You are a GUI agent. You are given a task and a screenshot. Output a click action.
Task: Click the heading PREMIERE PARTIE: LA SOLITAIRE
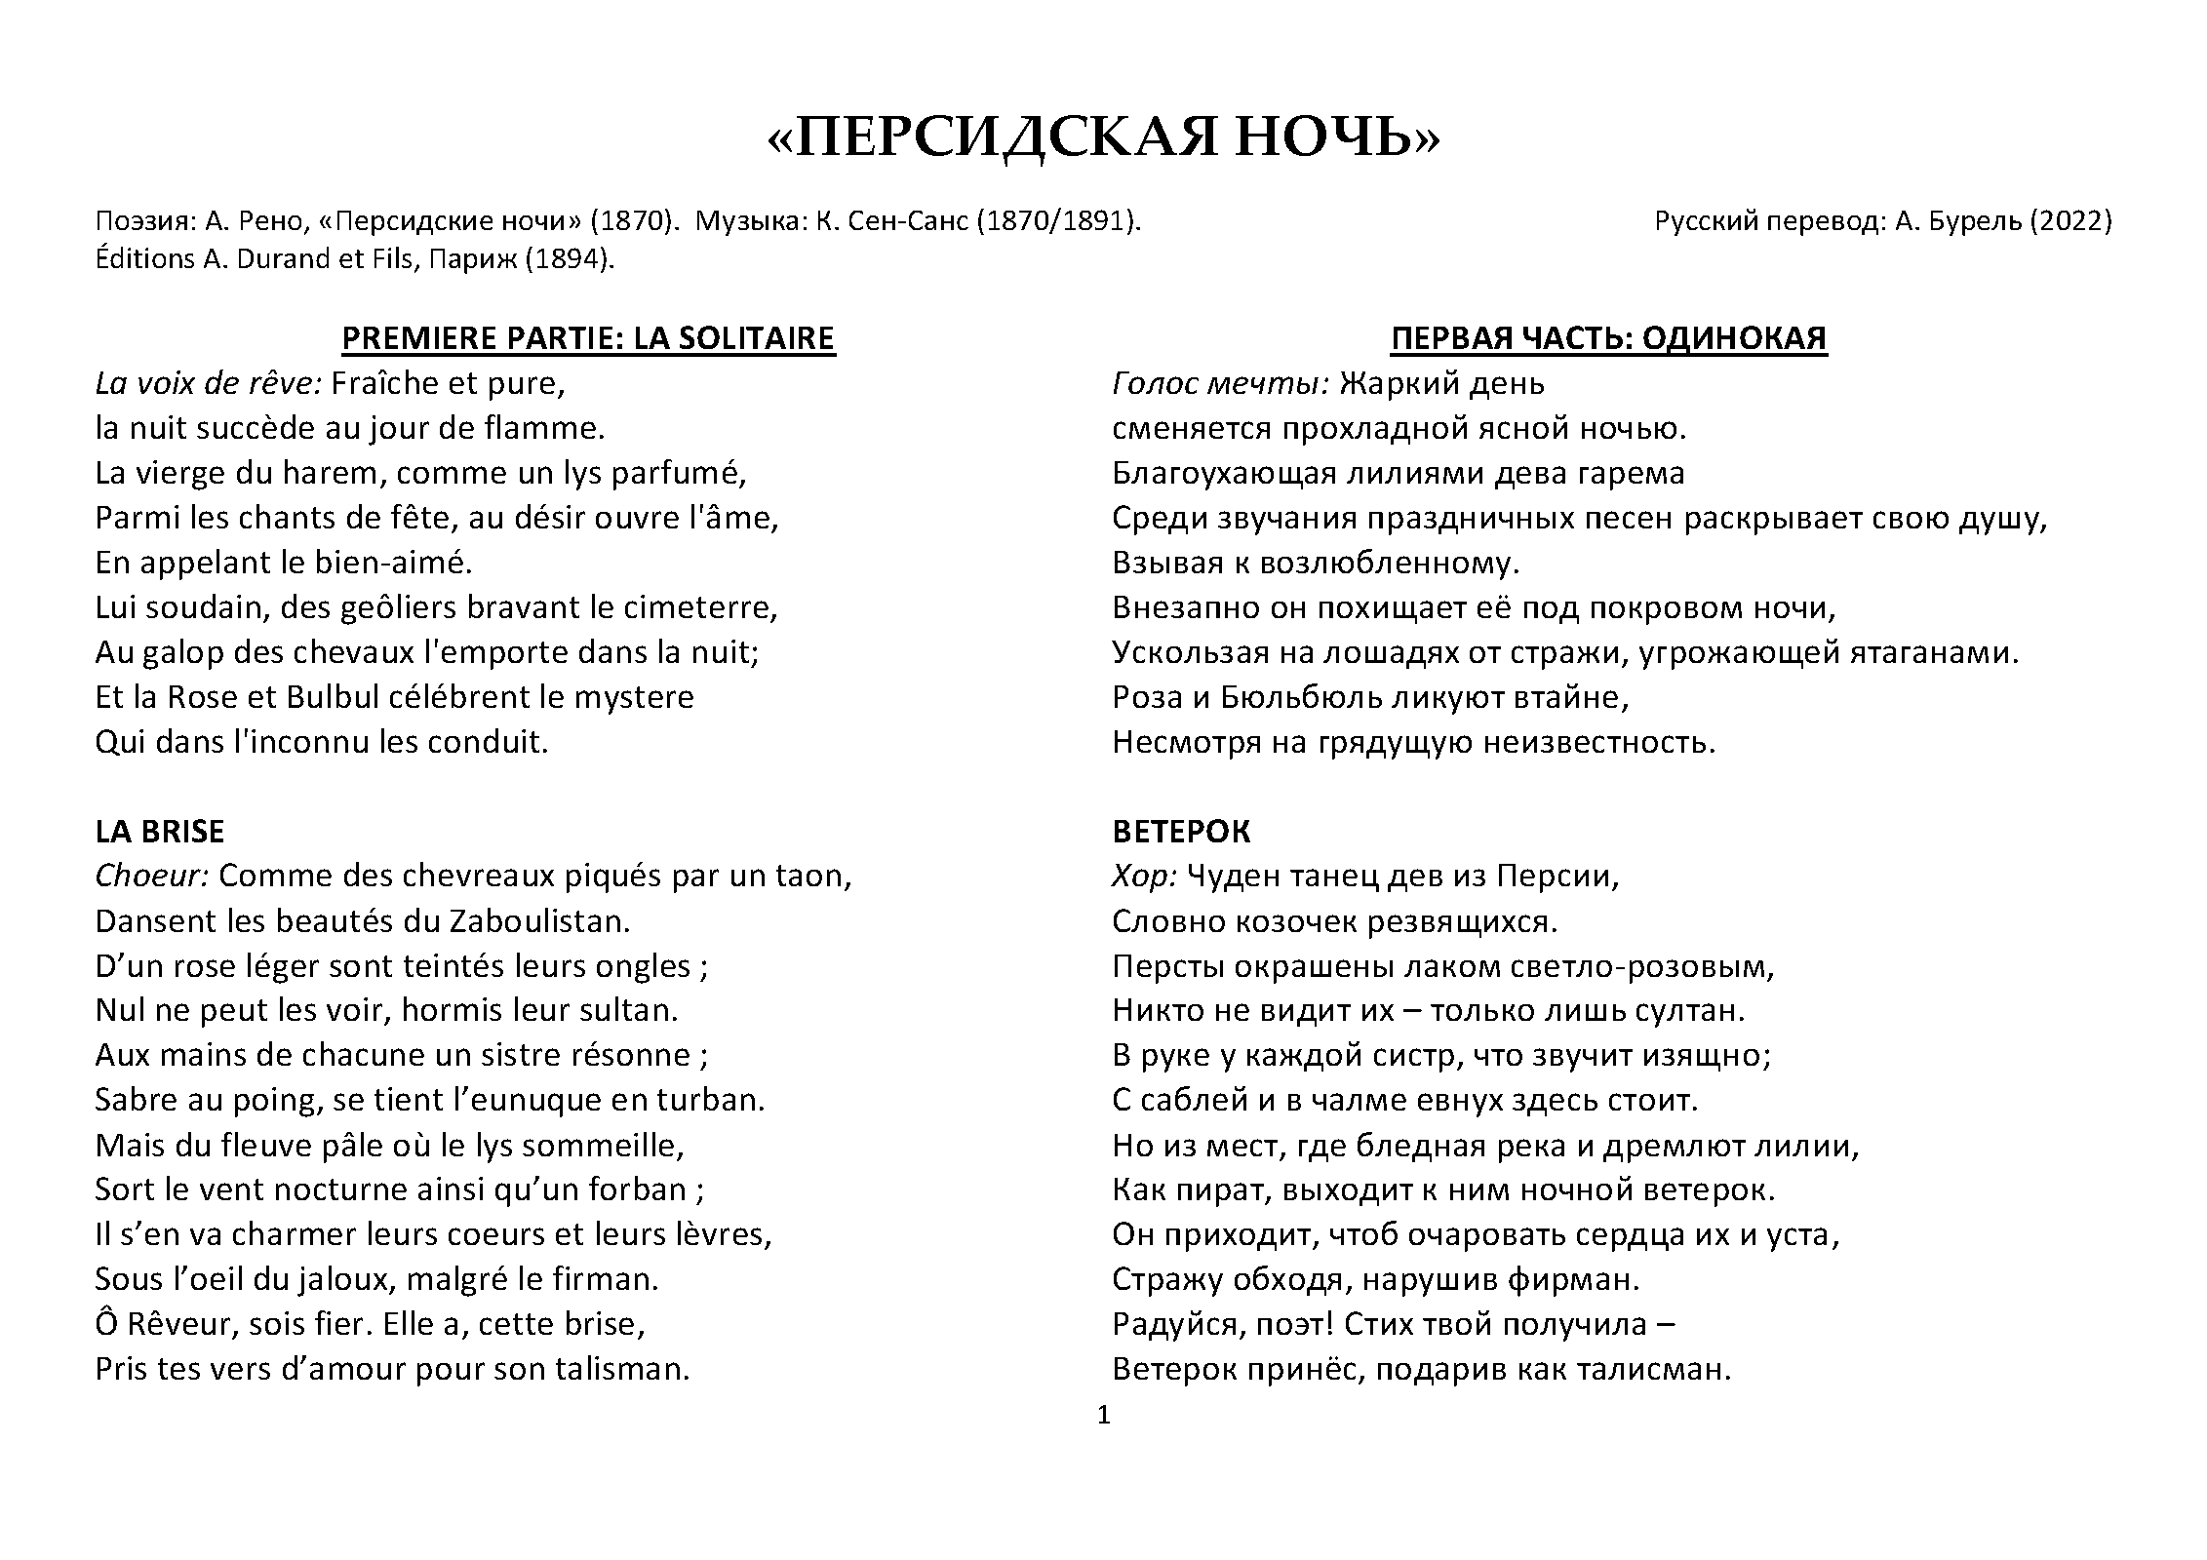pos(588,338)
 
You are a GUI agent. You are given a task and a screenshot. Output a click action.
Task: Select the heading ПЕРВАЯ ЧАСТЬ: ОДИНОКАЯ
pos(1608,338)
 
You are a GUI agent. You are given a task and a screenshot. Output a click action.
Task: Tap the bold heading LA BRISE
pos(160,831)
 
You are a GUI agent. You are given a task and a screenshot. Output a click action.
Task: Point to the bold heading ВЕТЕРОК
pos(1181,831)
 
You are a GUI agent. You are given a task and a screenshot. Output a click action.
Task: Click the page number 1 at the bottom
pos(1104,1415)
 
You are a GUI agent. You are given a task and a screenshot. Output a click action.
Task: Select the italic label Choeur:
pos(152,877)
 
